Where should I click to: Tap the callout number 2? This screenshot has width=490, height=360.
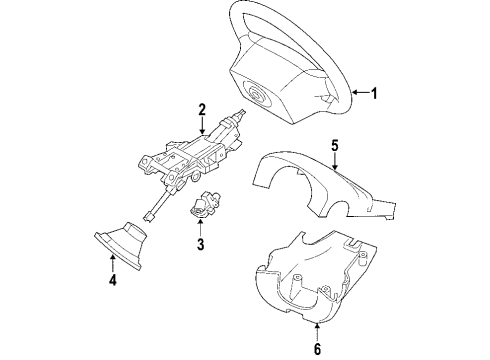[202, 108]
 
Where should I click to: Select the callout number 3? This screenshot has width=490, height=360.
[199, 243]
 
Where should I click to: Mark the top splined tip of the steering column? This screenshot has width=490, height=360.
[243, 115]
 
